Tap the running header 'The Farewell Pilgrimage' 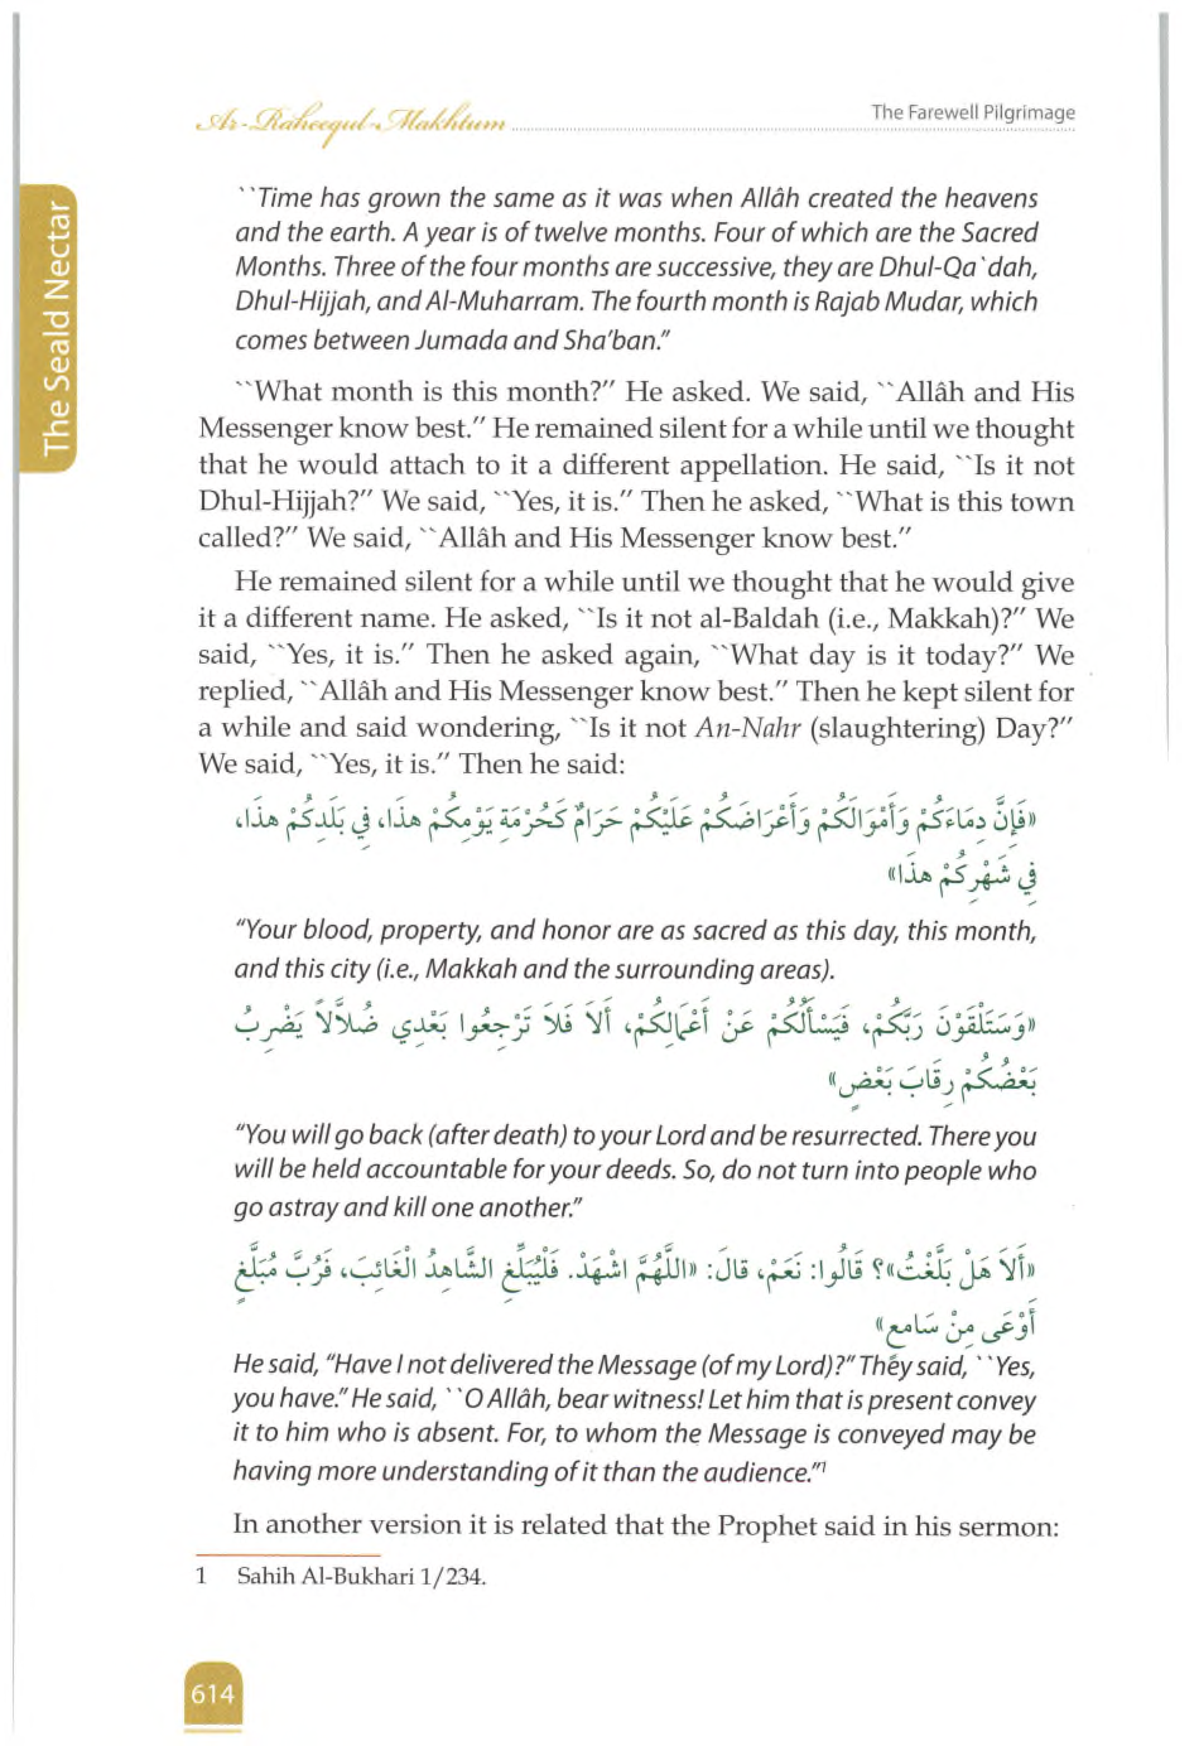click(x=973, y=114)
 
